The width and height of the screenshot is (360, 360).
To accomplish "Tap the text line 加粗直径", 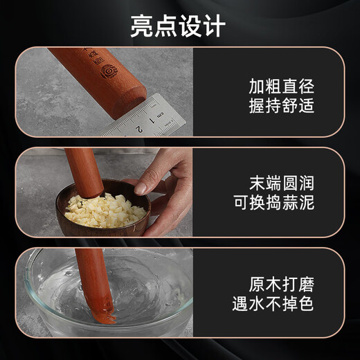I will (x=281, y=87).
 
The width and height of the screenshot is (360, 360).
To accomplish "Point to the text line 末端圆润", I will (x=281, y=183).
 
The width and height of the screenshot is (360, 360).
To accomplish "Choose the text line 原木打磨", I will (x=281, y=284).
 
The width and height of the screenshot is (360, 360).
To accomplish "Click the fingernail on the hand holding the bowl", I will (x=141, y=188).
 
